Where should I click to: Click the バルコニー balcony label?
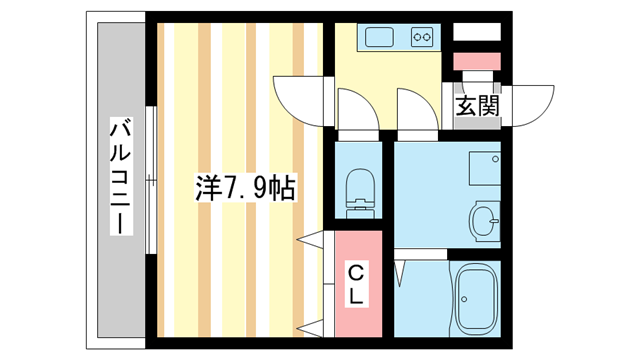point(121,175)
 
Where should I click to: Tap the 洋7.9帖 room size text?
point(245,187)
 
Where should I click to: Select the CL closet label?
point(357,284)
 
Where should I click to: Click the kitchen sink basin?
point(381,38)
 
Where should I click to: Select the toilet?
point(357,190)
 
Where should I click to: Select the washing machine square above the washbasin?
point(485,168)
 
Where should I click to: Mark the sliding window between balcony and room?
point(149,181)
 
